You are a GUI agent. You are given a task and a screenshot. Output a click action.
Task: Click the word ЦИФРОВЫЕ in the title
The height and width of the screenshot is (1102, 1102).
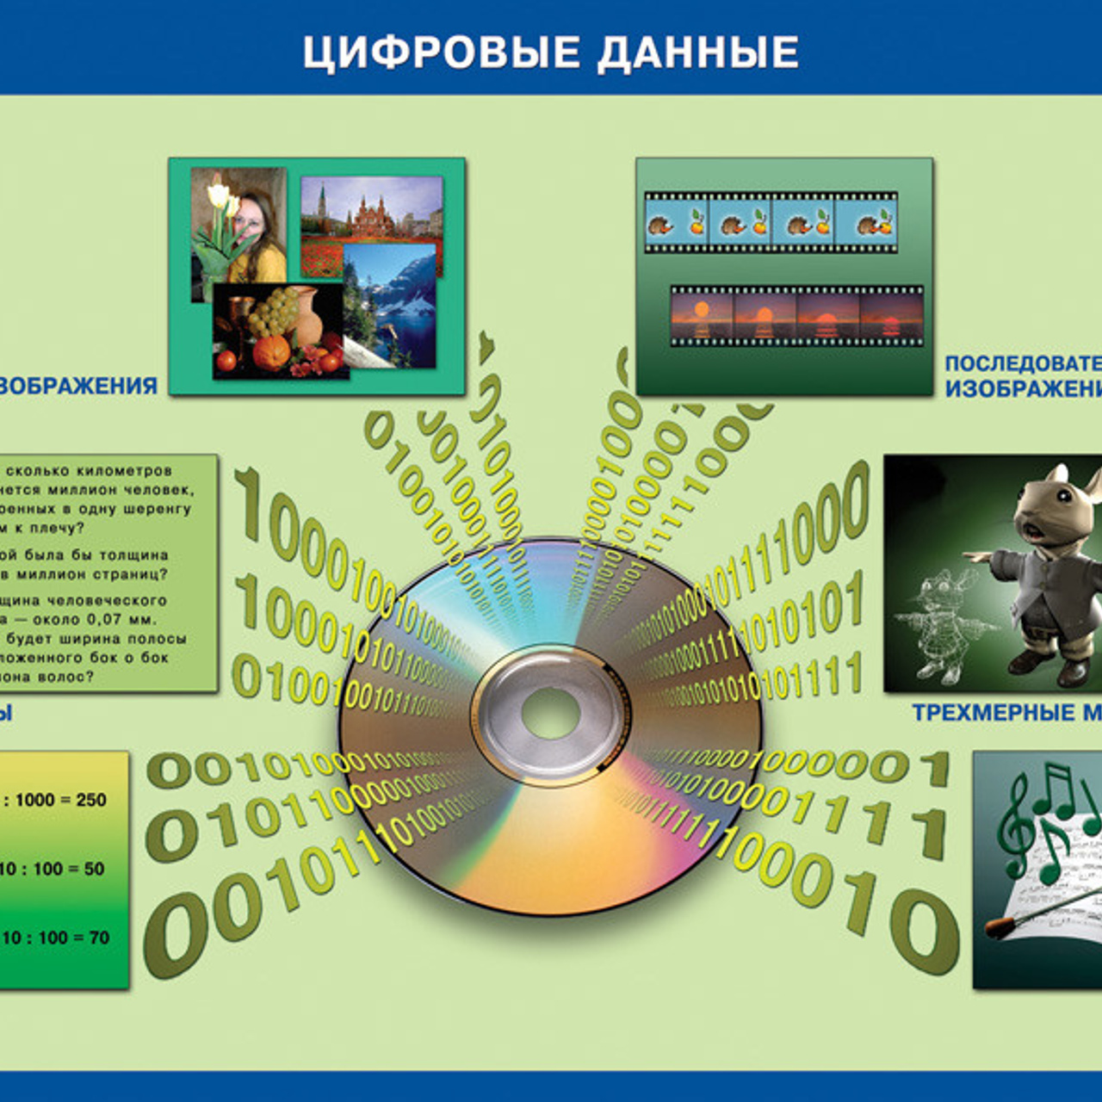coord(441,53)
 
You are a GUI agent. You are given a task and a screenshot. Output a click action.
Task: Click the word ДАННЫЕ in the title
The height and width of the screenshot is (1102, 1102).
coord(698,53)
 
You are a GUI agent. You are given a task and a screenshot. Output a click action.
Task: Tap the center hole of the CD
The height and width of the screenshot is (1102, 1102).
coord(551,714)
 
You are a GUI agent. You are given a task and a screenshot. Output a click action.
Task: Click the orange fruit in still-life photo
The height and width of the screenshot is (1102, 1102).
coord(272,352)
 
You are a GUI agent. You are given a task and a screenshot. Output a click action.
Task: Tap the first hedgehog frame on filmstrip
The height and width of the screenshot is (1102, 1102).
coord(677,222)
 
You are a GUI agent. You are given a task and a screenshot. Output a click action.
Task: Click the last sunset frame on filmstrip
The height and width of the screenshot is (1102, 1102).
coord(891,318)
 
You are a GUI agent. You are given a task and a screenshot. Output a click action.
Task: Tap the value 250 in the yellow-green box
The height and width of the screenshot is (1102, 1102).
coord(90,800)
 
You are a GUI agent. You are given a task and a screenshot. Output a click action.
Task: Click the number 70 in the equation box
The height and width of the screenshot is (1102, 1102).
coord(99,938)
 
